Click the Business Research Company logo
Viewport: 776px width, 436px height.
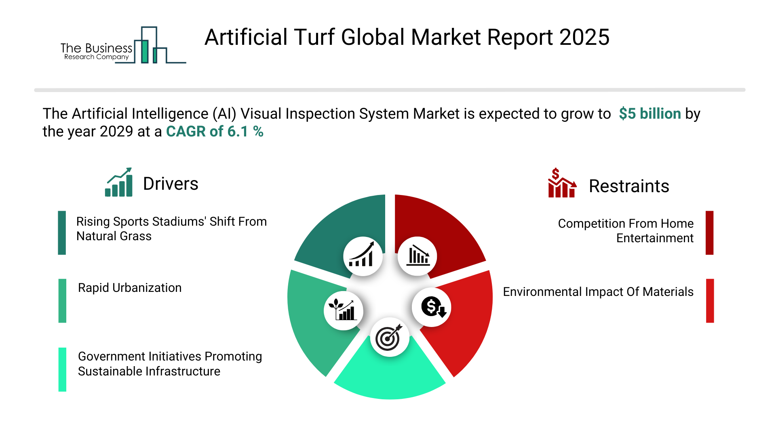[x=123, y=45]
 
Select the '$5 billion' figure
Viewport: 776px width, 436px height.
[x=650, y=114]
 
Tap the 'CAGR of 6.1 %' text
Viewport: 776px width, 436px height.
[x=215, y=132]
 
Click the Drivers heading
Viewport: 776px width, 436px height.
[x=171, y=184]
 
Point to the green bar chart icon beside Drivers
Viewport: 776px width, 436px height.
[x=119, y=182]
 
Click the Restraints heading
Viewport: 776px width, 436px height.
[x=629, y=186]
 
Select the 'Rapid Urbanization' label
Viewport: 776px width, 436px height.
[x=130, y=288]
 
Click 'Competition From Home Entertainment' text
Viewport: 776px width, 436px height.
[x=626, y=231]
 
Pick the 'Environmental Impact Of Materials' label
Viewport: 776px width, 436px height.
[x=598, y=292]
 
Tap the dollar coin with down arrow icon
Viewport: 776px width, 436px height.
[x=432, y=307]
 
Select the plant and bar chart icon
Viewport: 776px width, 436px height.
[x=344, y=310]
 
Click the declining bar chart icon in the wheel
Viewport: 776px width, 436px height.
[x=417, y=256]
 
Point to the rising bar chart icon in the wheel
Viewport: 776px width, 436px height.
[x=363, y=256]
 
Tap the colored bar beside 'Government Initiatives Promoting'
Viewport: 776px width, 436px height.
[x=62, y=369]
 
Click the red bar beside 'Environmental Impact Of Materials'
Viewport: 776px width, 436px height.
[x=710, y=301]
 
